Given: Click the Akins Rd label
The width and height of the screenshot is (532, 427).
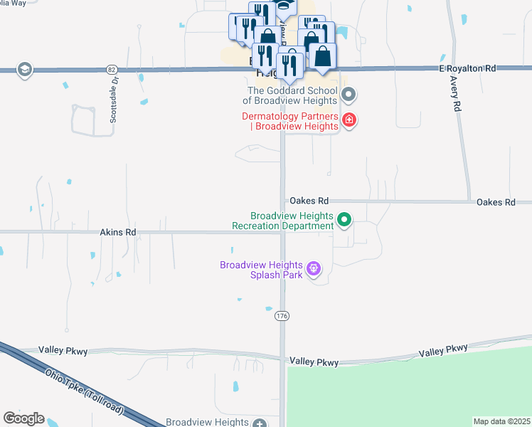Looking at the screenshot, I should pos(117,232).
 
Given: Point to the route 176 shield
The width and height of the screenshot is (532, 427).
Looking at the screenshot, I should pos(282,316).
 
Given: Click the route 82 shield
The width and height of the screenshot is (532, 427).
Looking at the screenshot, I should pos(111,69).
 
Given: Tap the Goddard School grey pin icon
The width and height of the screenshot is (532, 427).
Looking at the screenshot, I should pos(349,95).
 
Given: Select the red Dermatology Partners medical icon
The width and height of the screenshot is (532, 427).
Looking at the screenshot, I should pos(349,120).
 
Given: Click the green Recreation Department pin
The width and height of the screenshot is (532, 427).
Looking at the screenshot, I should pos(344,220).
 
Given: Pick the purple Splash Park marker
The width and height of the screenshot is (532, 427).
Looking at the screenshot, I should pos(314,269).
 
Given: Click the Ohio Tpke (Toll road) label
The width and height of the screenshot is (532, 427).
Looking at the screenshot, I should pos(84,392).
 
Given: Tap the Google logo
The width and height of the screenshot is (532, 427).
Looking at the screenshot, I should pos(23,418).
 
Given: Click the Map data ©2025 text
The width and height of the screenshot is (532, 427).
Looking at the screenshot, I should pos(501,421).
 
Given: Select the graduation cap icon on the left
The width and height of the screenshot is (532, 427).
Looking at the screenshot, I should pos(25,68).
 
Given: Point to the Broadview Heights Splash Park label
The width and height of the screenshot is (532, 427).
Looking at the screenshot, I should pos(262,270).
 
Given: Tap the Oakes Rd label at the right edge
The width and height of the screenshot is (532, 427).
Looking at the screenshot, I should pos(496,202).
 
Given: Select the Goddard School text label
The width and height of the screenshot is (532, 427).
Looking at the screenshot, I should pos(292,95).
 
